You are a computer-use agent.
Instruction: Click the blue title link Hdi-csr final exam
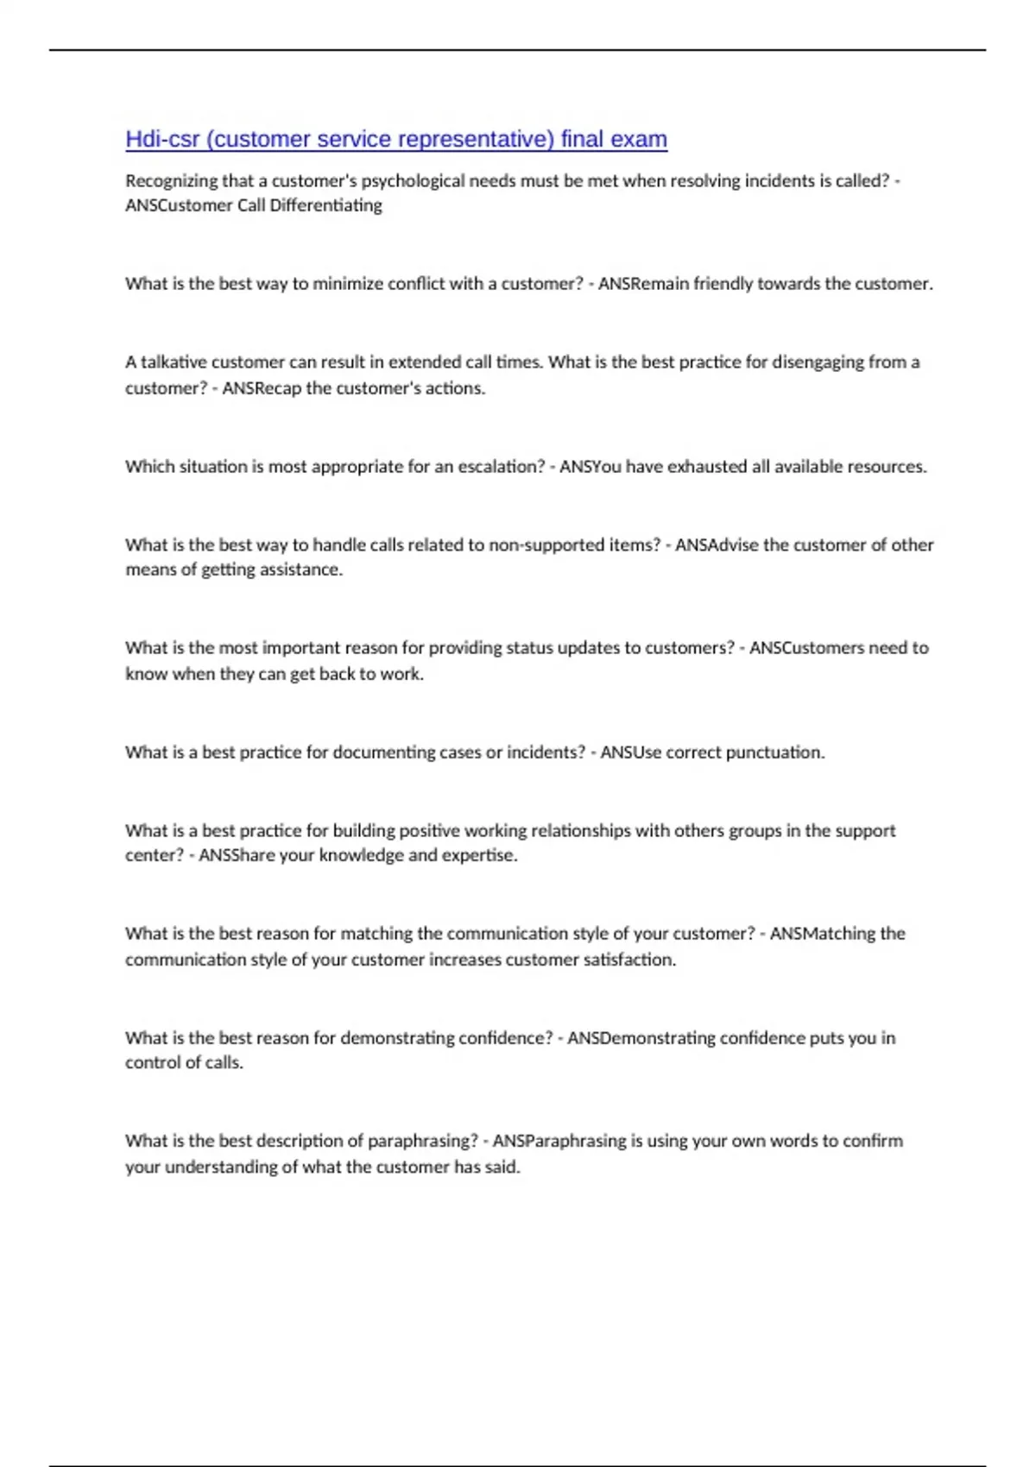click(396, 139)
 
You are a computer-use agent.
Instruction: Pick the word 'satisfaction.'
click(629, 960)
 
